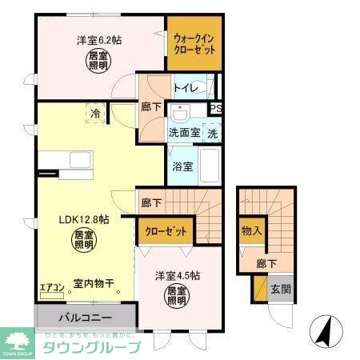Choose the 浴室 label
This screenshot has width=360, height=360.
point(182,166)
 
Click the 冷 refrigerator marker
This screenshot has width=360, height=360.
point(95,115)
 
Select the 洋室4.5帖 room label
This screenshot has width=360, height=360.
point(178,276)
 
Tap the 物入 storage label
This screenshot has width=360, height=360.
point(250,230)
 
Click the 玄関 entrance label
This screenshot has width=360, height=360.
point(279,289)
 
